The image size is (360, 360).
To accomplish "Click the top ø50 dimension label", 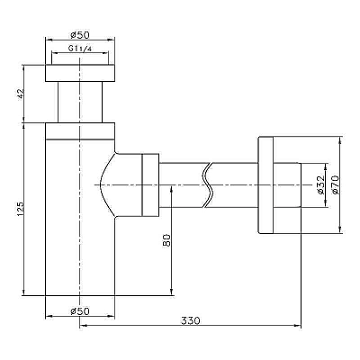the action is (x=80, y=35).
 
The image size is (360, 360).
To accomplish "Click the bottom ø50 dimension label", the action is (x=80, y=311).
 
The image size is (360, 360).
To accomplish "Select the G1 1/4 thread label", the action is (x=79, y=49).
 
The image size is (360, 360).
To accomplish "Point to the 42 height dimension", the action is (x=21, y=94).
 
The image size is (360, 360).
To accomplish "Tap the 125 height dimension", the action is (x=21, y=209).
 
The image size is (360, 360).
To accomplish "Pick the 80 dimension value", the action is (x=166, y=240).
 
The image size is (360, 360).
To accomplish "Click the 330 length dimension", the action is (x=190, y=320).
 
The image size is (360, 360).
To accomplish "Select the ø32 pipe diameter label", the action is (x=320, y=184).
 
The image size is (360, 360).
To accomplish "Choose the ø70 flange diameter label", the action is (x=335, y=184).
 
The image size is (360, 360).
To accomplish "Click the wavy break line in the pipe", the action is (x=208, y=185).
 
